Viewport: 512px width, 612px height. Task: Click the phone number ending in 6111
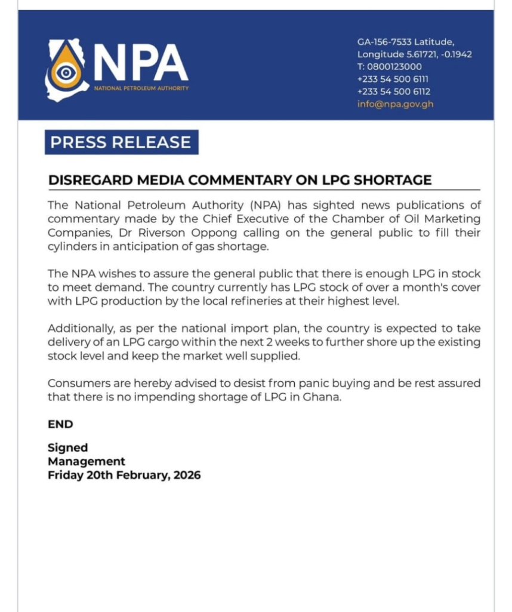[393, 79]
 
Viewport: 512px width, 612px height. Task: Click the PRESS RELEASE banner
[121, 142]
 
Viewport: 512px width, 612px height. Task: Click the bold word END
[60, 424]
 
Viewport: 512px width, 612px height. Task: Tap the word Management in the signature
[87, 461]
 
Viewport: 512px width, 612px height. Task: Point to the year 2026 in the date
[185, 476]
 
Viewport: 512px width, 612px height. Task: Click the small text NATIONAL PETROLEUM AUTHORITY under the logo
[141, 88]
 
